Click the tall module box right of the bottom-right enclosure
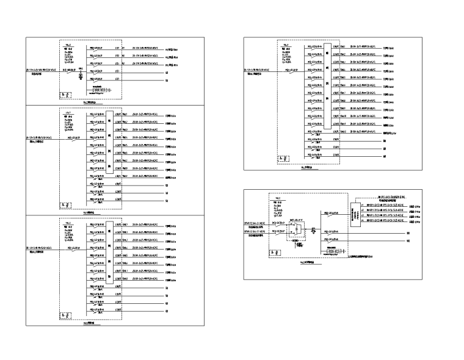point(355,215)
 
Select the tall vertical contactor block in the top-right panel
point(327,85)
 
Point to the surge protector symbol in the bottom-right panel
point(333,252)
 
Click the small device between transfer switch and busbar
point(314,230)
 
